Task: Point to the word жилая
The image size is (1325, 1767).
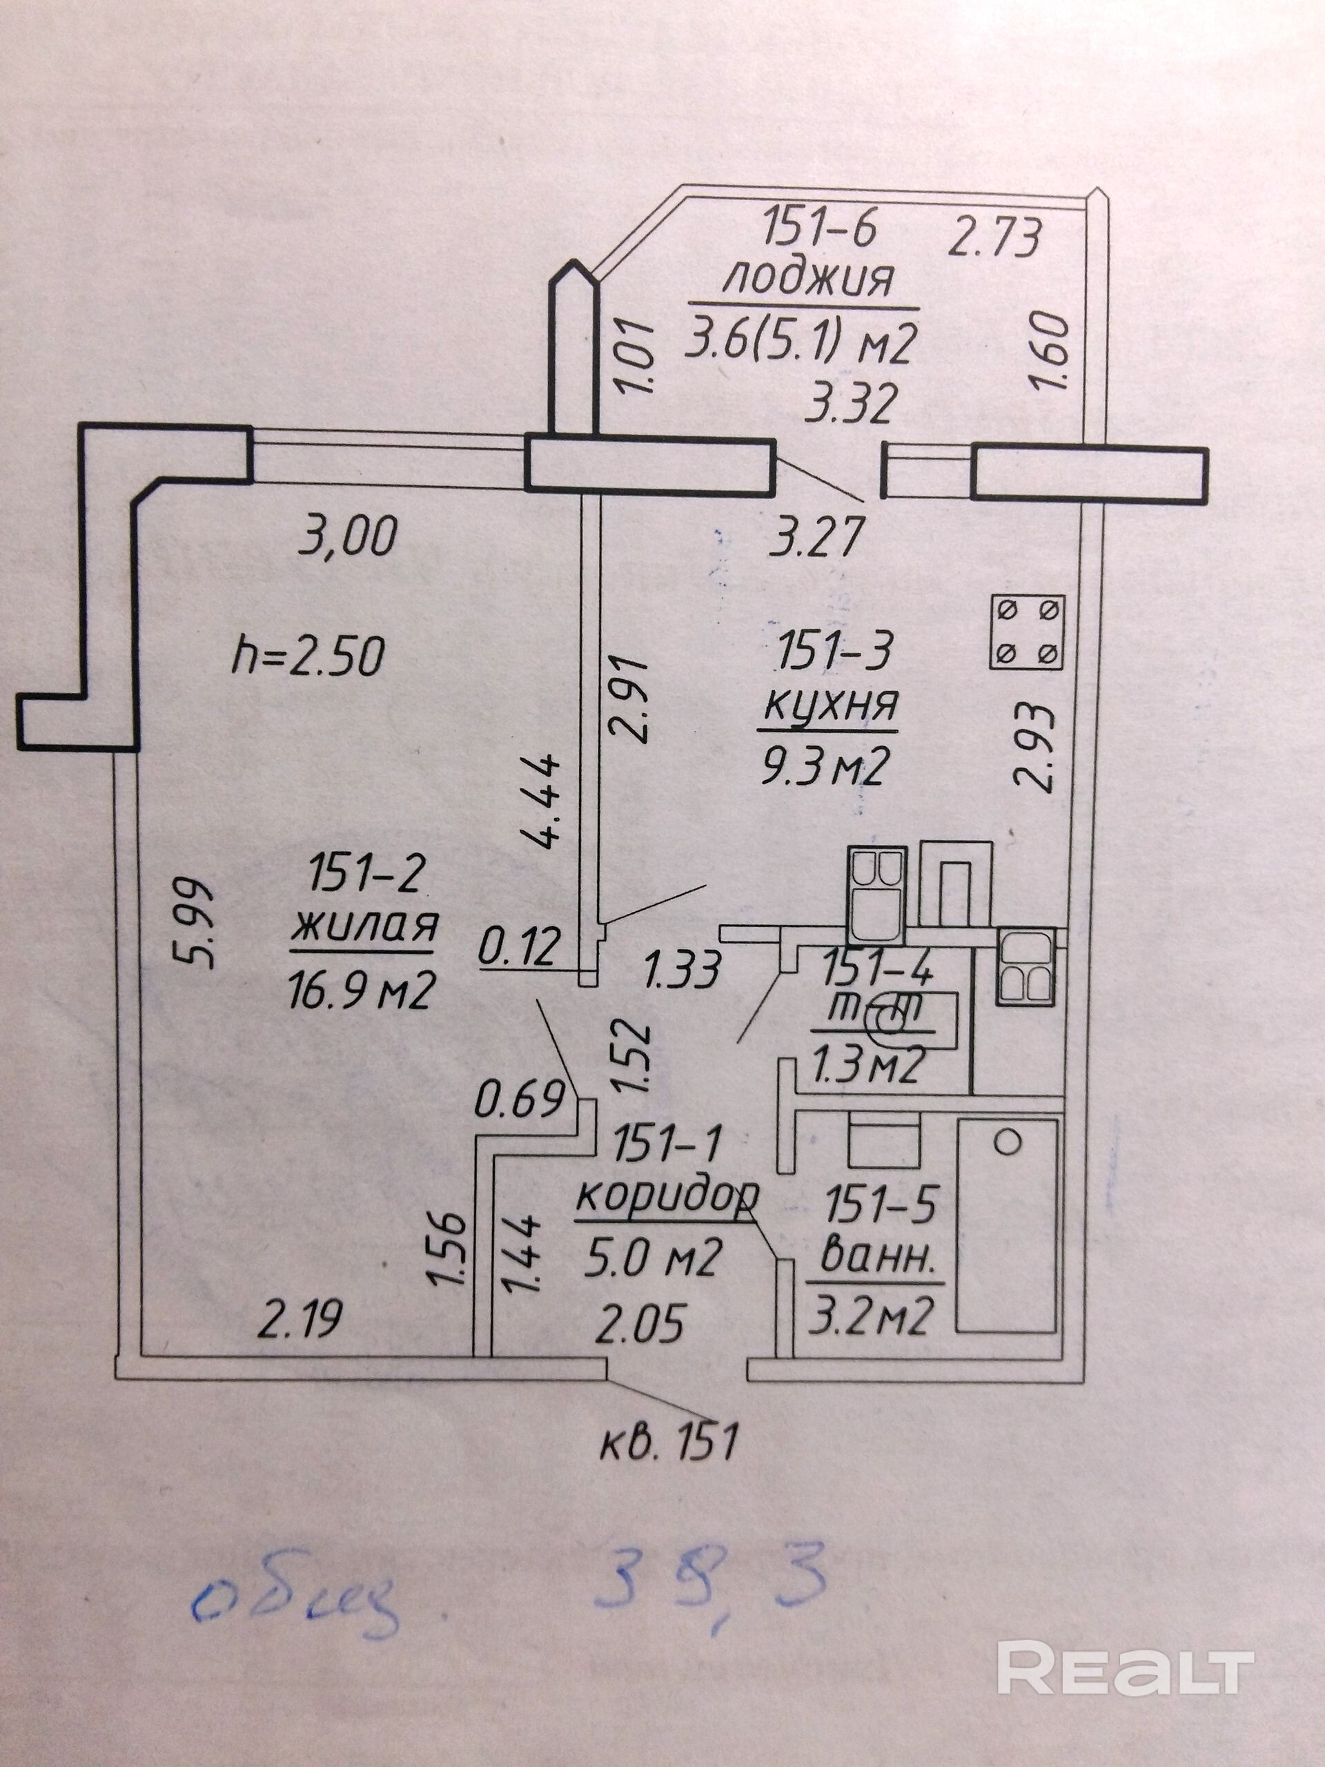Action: [364, 928]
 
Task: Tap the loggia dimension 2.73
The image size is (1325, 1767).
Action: [994, 237]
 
